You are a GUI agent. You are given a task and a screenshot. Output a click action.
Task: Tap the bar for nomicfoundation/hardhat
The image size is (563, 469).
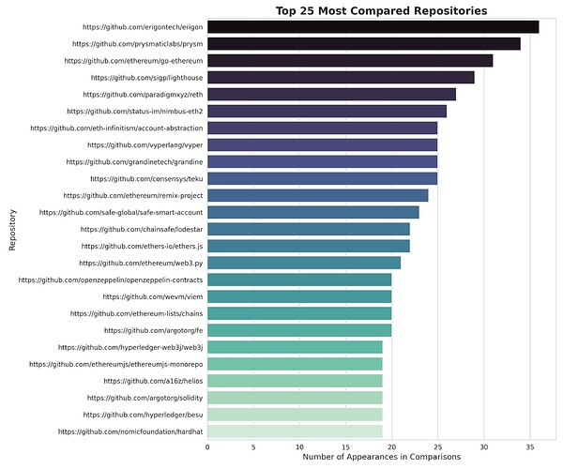pos(295,431)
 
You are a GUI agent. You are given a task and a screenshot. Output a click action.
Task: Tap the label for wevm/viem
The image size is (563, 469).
pos(152,296)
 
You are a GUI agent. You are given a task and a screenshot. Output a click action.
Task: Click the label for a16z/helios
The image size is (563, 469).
pos(153,381)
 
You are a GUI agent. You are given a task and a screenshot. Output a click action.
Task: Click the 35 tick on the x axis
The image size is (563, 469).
pos(529,447)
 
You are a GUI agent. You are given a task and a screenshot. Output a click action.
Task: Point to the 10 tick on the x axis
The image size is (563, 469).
pos(299,447)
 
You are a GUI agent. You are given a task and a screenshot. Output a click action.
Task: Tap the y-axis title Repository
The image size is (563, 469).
pos(12,230)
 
